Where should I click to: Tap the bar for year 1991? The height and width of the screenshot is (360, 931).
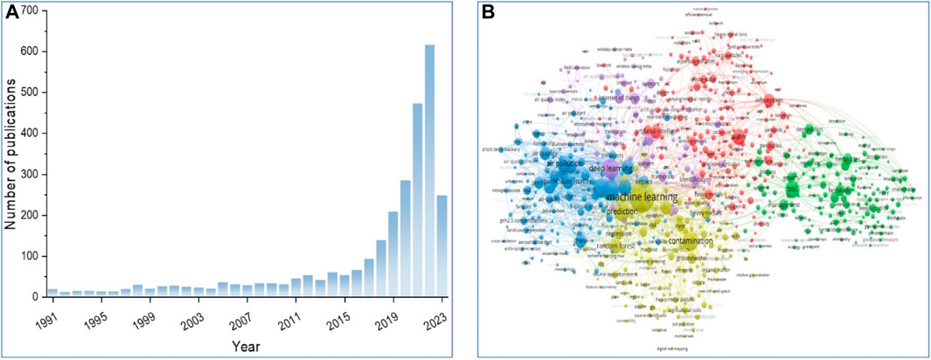pyautogui.click(x=52, y=293)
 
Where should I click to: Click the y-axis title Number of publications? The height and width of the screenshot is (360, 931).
pyautogui.click(x=12, y=154)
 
